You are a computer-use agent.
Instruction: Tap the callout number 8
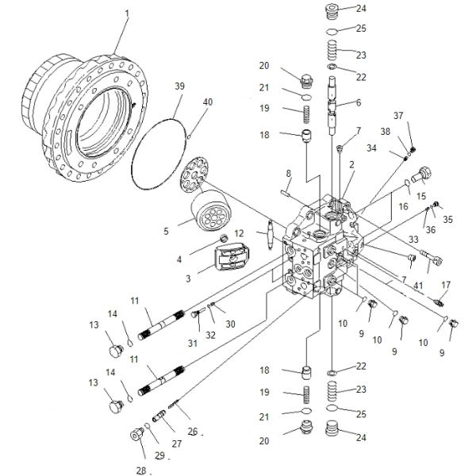(289, 173)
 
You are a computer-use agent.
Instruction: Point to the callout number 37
(409, 116)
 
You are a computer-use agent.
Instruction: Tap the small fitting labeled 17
(441, 302)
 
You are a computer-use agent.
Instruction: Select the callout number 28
(140, 470)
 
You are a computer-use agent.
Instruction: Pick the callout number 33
(413, 238)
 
